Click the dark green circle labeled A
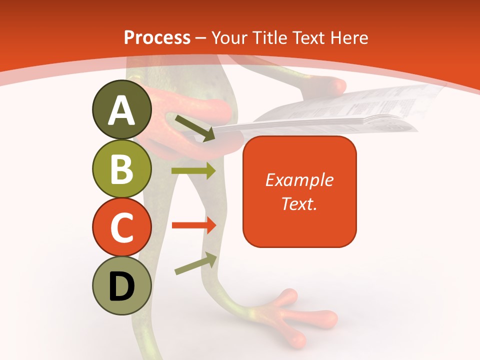tap(121, 110)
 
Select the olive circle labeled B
tap(121, 168)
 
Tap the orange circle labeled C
tap(121, 227)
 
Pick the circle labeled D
tap(121, 285)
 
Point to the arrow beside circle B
tap(193, 171)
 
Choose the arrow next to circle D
tap(195, 263)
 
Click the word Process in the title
tap(157, 38)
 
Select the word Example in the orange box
tap(299, 180)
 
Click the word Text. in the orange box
tap(299, 203)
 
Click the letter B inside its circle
tap(121, 168)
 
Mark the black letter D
tap(121, 286)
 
